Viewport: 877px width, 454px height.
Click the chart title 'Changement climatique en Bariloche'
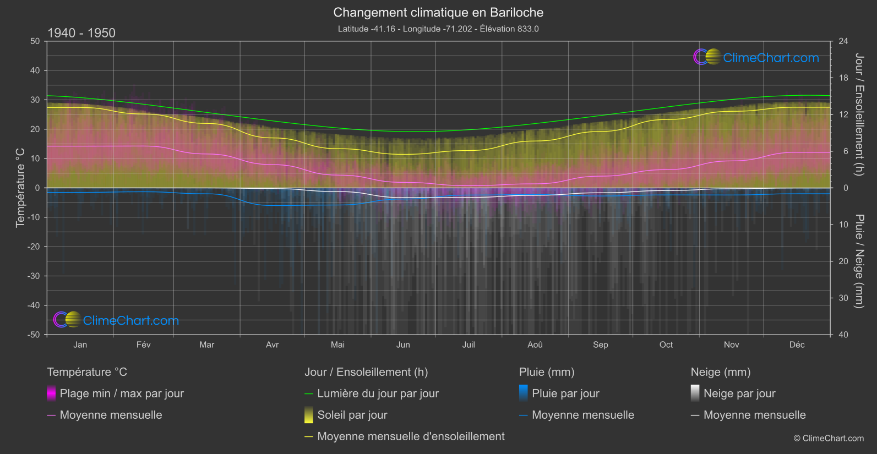pyautogui.click(x=438, y=13)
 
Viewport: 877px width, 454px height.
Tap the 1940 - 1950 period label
pyautogui.click(x=81, y=33)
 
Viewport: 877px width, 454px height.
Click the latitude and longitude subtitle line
pyautogui.click(x=438, y=29)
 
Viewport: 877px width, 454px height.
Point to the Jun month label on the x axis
pyautogui.click(x=403, y=344)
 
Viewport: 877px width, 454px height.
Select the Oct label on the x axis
pyautogui.click(x=666, y=344)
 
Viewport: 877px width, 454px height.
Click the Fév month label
pyautogui.click(x=143, y=344)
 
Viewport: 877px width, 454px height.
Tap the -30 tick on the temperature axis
pyautogui.click(x=34, y=276)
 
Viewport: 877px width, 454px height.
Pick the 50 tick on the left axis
pyautogui.click(x=35, y=41)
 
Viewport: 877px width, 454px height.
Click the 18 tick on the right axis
pyautogui.click(x=843, y=78)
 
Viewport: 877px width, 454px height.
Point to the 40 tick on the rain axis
pyautogui.click(x=843, y=335)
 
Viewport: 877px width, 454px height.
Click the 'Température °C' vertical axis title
pyautogui.click(x=20, y=188)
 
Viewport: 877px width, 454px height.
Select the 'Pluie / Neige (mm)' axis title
pyautogui.click(x=859, y=261)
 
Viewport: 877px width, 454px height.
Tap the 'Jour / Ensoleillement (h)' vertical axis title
pyautogui.click(x=859, y=114)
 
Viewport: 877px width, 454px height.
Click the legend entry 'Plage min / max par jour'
pyautogui.click(x=122, y=393)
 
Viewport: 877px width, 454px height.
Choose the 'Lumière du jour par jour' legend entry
pyautogui.click(x=378, y=393)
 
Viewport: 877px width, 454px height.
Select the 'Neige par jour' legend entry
pyautogui.click(x=739, y=393)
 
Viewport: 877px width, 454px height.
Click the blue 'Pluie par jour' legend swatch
pyautogui.click(x=524, y=393)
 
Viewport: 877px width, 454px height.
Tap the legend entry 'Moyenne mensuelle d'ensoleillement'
pyautogui.click(x=411, y=436)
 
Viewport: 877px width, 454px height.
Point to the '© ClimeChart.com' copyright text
pyautogui.click(x=829, y=439)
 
